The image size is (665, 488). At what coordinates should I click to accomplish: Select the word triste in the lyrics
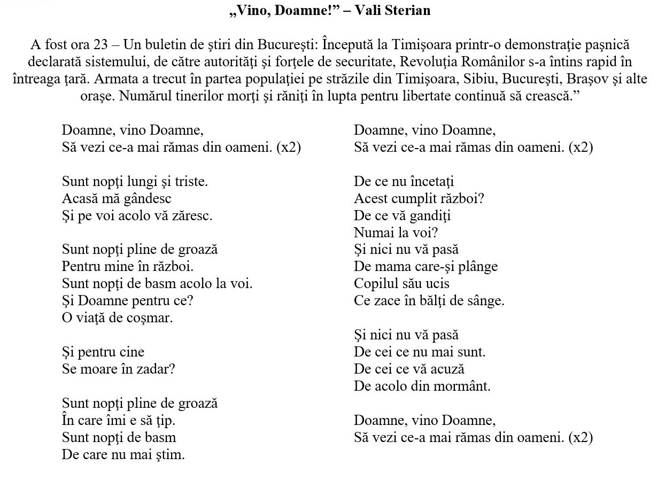click(191, 182)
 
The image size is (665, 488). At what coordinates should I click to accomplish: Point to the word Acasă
click(79, 199)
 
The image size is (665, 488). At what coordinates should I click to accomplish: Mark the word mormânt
click(464, 386)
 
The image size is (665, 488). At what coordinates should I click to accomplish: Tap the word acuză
click(446, 369)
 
